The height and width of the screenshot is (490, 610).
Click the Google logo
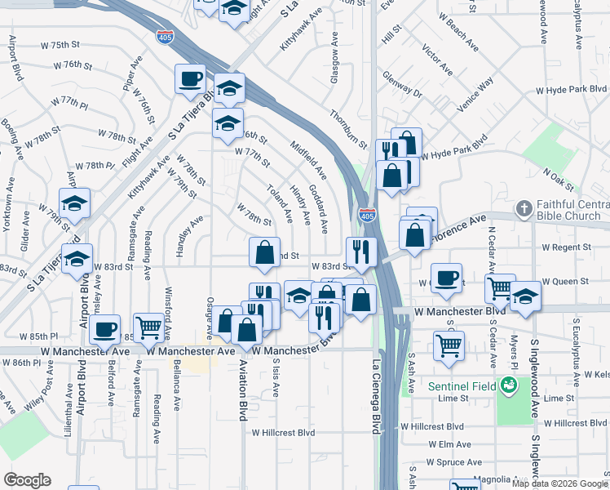click(x=27, y=480)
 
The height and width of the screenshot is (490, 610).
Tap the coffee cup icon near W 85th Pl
click(x=104, y=329)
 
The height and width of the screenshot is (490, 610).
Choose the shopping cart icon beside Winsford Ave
click(x=148, y=327)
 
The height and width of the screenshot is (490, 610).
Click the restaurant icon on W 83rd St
click(x=360, y=250)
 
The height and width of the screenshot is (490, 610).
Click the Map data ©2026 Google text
click(x=560, y=483)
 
